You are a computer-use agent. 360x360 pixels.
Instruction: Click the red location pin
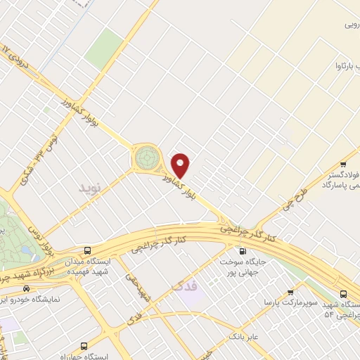point(181,165)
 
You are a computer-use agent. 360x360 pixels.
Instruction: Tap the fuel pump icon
point(243,251)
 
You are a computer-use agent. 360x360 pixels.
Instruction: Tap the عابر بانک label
point(244,337)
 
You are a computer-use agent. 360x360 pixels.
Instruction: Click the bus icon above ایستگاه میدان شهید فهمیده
point(87,251)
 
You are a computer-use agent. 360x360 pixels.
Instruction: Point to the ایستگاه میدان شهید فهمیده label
point(87,266)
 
